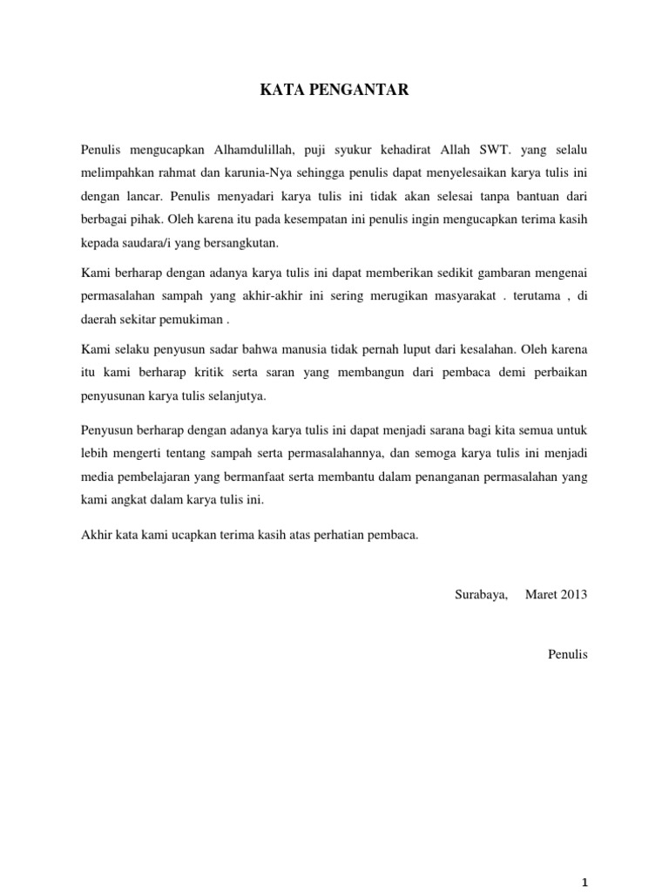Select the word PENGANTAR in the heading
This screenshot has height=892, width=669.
353,88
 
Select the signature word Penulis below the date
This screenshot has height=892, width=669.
568,652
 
